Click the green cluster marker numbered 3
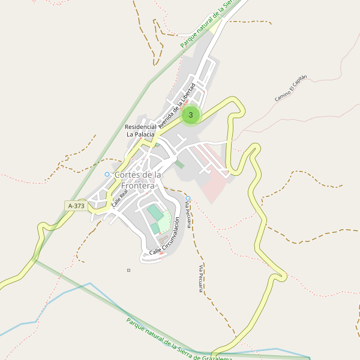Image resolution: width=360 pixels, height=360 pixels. click(191, 115)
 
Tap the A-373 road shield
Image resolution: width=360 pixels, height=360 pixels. click(77, 206)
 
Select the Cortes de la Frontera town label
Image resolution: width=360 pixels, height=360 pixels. click(138, 179)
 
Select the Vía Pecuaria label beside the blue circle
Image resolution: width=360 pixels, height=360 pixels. click(189, 215)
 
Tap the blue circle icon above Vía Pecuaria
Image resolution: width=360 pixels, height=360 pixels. click(188, 198)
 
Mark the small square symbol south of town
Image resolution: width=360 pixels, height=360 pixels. click(128, 270)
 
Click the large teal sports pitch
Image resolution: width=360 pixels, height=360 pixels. click(155, 212)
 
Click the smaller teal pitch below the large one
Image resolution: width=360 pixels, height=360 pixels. click(155, 228)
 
